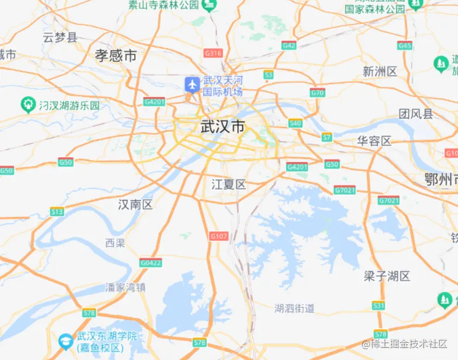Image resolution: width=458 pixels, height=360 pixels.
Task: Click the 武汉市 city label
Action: tap(222, 127)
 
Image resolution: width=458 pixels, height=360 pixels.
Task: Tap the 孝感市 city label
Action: tap(116, 55)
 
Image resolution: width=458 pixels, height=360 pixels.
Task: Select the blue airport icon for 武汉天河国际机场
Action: tap(192, 84)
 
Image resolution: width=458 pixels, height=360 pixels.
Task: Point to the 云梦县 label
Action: tap(60, 37)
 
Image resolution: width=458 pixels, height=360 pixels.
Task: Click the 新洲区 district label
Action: tap(380, 71)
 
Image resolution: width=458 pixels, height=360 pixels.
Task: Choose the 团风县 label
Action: tap(416, 114)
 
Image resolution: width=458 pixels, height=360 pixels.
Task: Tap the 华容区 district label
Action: tap(374, 141)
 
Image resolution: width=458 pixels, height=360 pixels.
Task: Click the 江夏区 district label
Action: tap(228, 184)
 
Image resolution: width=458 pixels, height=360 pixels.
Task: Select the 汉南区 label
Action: tap(136, 204)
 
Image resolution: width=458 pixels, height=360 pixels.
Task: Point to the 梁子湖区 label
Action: tap(387, 276)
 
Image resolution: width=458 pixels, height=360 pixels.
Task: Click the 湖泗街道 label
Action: tap(294, 308)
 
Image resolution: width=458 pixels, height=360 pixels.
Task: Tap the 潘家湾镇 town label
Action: tap(125, 287)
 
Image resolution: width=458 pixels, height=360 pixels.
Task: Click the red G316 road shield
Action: tap(213, 53)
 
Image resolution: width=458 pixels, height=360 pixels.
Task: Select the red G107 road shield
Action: tap(219, 236)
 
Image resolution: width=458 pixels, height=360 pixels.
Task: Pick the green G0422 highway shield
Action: tap(150, 262)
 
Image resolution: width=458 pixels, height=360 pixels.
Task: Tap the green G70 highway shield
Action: tap(317, 93)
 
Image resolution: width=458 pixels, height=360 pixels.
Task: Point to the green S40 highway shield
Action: tap(295, 123)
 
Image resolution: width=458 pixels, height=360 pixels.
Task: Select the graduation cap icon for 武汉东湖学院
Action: tap(66, 340)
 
